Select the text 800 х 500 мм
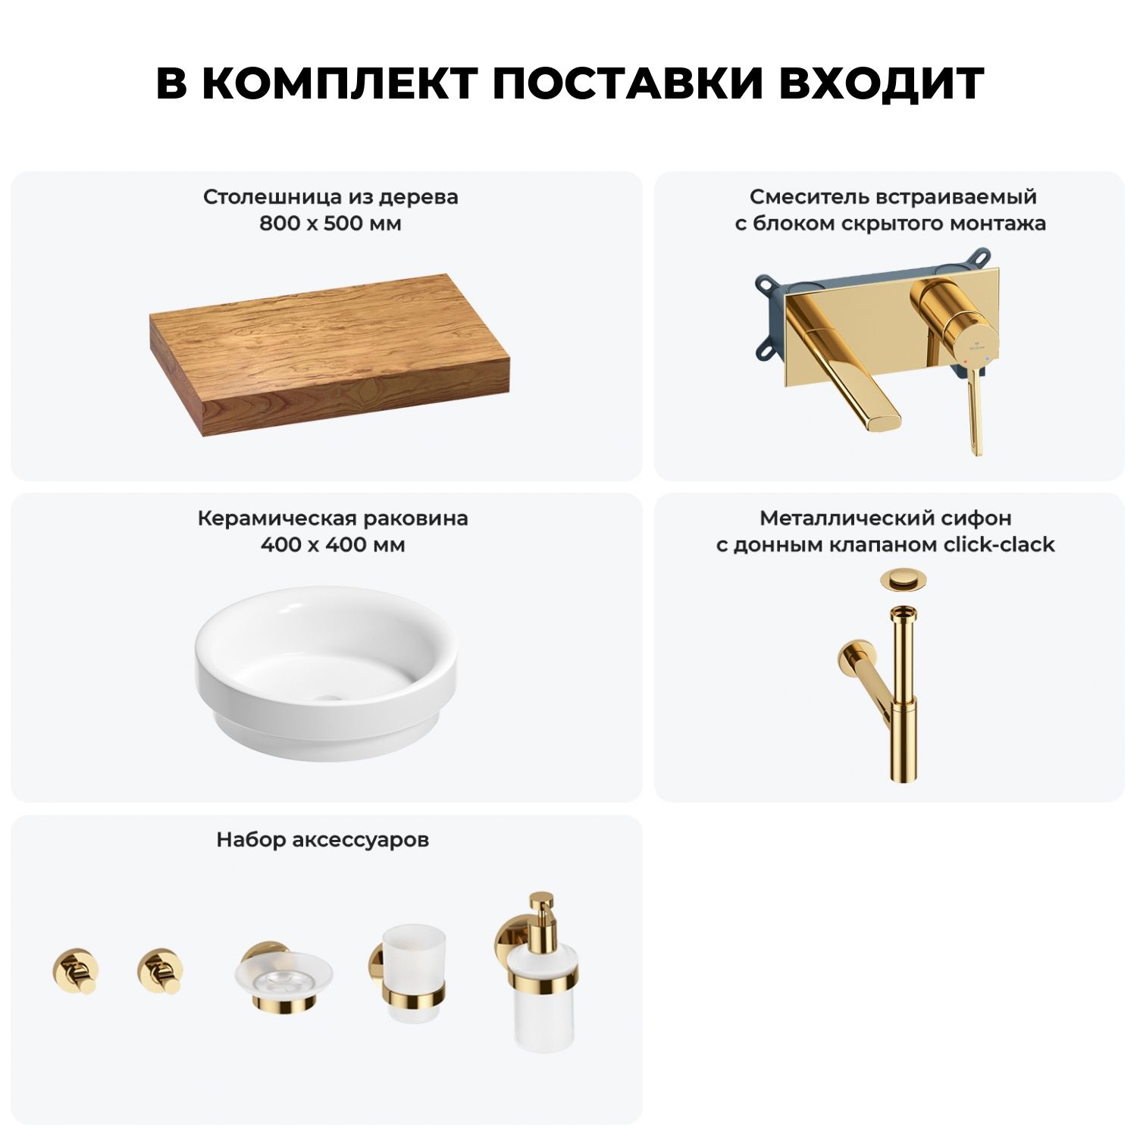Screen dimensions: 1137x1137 [x=330, y=224]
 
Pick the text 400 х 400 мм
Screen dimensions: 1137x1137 [x=333, y=544]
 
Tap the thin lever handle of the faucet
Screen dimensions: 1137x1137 [x=975, y=412]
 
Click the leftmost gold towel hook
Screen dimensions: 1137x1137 [x=75, y=970]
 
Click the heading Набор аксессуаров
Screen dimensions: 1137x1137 [x=323, y=840]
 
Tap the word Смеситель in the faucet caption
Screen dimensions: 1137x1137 [x=810, y=197]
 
